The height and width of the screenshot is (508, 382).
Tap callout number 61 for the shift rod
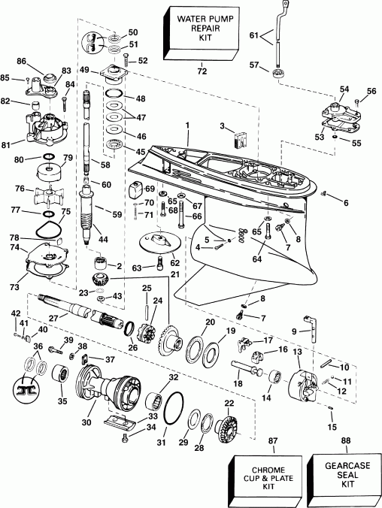(251, 35)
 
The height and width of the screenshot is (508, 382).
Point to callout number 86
(42, 60)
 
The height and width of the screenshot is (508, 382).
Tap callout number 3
(223, 125)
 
